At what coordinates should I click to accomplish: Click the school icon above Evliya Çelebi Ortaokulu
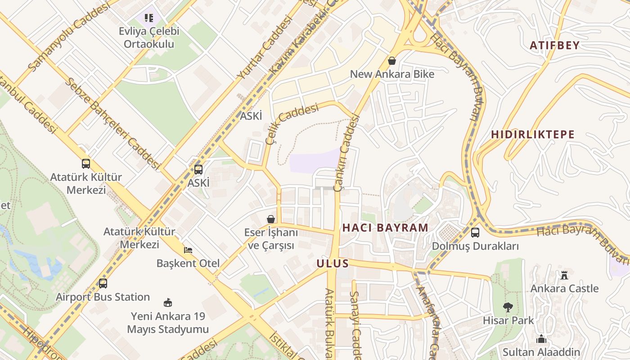pyautogui.click(x=149, y=18)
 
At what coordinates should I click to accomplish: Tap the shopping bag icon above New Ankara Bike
pyautogui.click(x=392, y=61)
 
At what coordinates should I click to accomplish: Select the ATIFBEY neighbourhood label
pyautogui.click(x=554, y=45)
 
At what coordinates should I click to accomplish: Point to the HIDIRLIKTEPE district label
pyautogui.click(x=532, y=135)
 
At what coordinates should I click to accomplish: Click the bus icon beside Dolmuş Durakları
pyautogui.click(x=475, y=233)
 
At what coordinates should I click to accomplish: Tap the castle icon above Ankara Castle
pyautogui.click(x=564, y=275)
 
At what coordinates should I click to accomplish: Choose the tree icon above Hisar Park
pyautogui.click(x=508, y=307)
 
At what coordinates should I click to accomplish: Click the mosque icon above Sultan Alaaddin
pyautogui.click(x=541, y=339)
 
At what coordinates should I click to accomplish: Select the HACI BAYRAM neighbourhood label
pyautogui.click(x=385, y=228)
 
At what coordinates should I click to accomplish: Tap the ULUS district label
pyautogui.click(x=333, y=263)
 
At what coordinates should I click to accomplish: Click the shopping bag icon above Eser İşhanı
pyautogui.click(x=271, y=219)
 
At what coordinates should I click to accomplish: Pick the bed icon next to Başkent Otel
pyautogui.click(x=188, y=250)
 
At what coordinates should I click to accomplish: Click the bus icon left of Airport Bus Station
pyautogui.click(x=103, y=283)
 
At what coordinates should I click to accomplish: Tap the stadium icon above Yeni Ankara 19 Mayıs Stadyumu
pyautogui.click(x=168, y=302)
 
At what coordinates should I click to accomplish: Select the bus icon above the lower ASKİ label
pyautogui.click(x=198, y=170)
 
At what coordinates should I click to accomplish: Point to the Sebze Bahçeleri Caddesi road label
pyautogui.click(x=112, y=123)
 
